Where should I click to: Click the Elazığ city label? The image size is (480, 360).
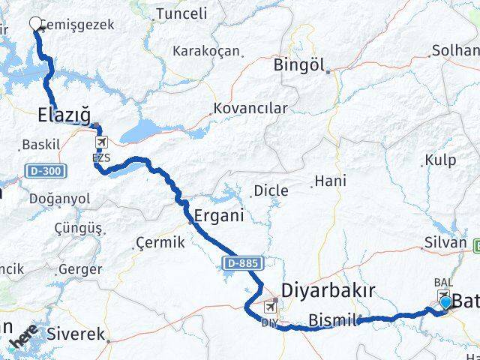pos(64,115)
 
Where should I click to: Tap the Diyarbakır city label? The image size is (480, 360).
pos(327,290)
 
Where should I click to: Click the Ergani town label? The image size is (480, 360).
pos(219,215)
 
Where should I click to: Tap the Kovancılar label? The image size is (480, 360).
pos(250,109)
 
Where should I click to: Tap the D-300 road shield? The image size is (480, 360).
pos(46,172)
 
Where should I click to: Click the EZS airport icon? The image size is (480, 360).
pos(101,142)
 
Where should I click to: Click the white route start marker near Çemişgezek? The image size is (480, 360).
pos(35,23)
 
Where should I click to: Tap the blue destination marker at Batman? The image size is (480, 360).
pos(446,302)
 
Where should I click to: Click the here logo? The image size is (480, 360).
pos(24,336)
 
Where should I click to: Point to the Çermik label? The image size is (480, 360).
pos(158,244)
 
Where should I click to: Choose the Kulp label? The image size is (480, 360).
pos(439,159)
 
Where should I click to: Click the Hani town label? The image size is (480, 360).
pos(330,181)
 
